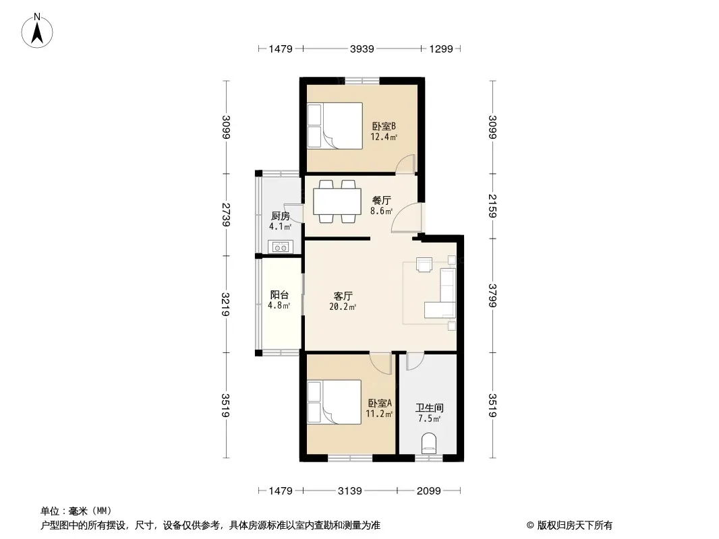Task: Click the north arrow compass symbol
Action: [x=37, y=30]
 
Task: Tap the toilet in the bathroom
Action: [x=430, y=443]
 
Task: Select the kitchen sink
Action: [x=281, y=247]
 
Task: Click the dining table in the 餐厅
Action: [x=337, y=201]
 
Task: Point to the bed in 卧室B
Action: [x=335, y=125]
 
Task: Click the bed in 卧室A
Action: [x=335, y=402]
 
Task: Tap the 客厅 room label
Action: [x=343, y=296]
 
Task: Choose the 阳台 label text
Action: [x=279, y=295]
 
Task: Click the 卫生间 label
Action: [x=430, y=408]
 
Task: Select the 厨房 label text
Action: [x=280, y=216]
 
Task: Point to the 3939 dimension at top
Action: [x=362, y=49]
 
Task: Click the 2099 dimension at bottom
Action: [x=429, y=491]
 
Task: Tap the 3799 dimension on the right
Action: [x=492, y=295]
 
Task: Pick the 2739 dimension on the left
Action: [x=225, y=214]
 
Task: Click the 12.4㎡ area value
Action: [x=384, y=137]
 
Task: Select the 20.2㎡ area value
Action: [x=343, y=307]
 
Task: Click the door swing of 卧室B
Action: [x=405, y=164]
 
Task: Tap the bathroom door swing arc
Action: [x=415, y=361]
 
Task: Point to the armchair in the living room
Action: [x=424, y=264]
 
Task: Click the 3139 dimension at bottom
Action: [x=350, y=491]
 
